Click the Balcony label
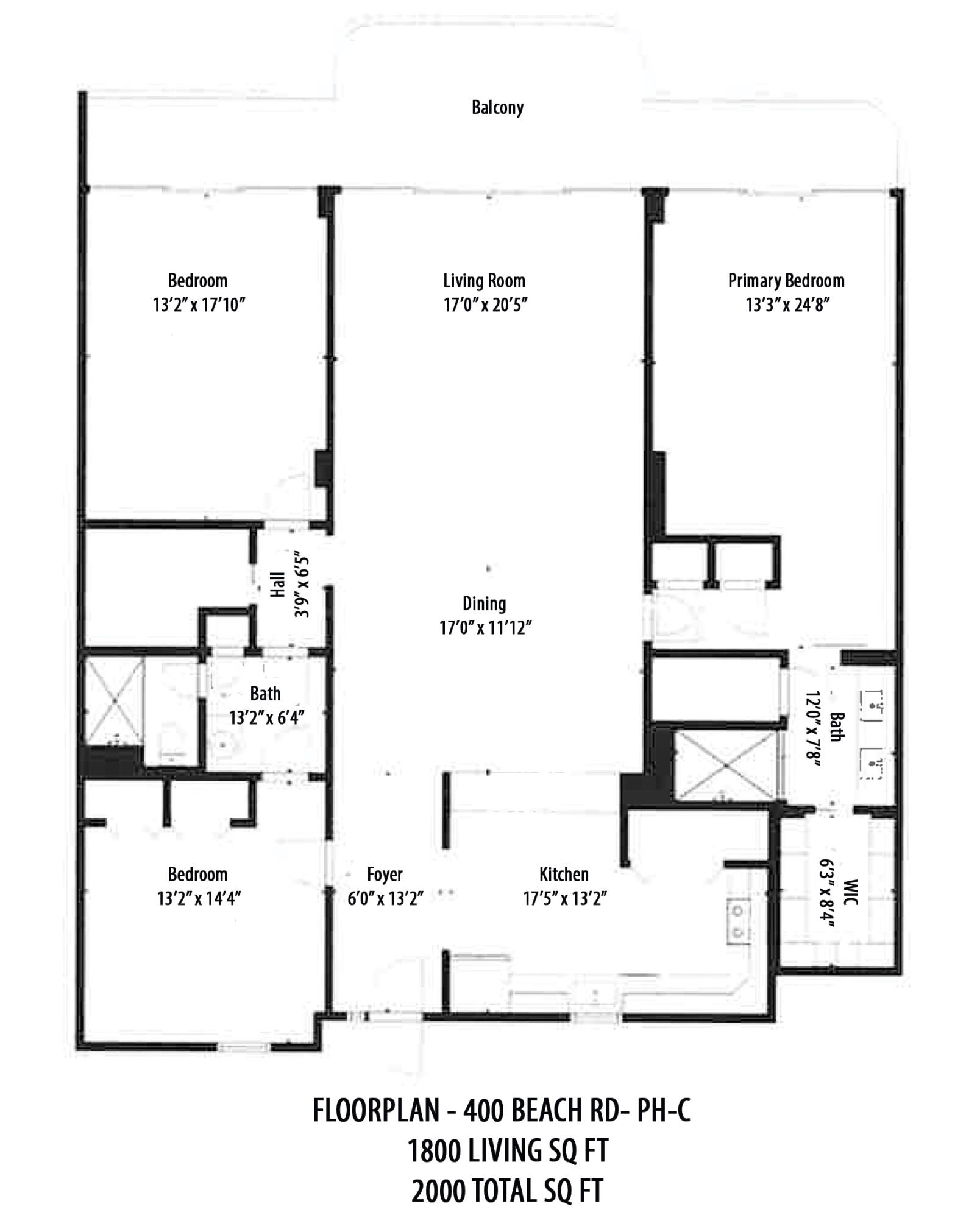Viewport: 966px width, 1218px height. [497, 108]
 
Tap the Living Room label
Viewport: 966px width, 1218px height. [484, 281]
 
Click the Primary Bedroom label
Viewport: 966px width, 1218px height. [786, 281]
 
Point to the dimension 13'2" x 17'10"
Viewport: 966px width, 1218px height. [199, 304]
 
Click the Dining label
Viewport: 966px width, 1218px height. [484, 604]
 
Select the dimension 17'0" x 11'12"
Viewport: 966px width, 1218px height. [486, 627]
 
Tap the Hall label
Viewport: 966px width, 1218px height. [278, 585]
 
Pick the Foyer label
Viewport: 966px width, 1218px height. [385, 875]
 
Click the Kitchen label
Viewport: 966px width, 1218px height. [564, 875]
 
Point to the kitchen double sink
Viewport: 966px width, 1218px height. [738, 921]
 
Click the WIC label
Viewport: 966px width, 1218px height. [851, 892]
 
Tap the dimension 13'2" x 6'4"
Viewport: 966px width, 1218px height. [266, 717]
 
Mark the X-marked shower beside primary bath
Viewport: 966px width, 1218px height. [725, 766]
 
